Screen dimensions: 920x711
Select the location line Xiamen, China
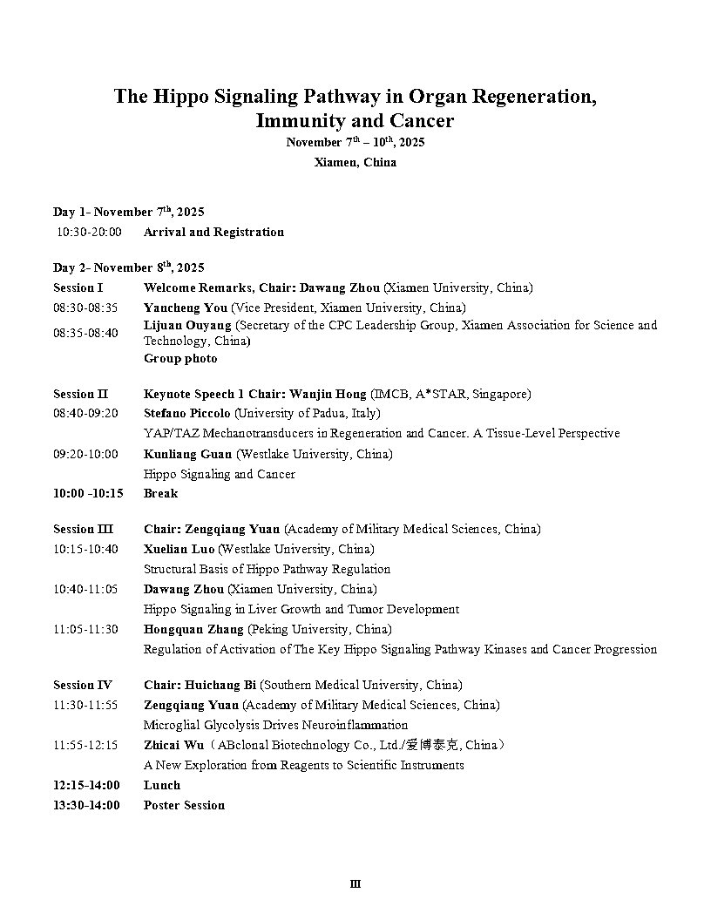[355, 162]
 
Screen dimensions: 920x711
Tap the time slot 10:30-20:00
[89, 232]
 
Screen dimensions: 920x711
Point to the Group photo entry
[180, 358]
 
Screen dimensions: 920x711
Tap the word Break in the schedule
[160, 493]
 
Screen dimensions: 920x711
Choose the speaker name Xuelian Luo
[179, 549]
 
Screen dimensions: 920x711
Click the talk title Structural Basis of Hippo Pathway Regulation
[267, 569]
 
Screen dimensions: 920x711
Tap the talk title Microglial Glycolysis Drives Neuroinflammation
[275, 725]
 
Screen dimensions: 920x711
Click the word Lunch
[162, 785]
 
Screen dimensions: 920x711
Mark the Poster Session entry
[184, 805]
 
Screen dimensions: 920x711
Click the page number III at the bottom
[355, 884]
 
